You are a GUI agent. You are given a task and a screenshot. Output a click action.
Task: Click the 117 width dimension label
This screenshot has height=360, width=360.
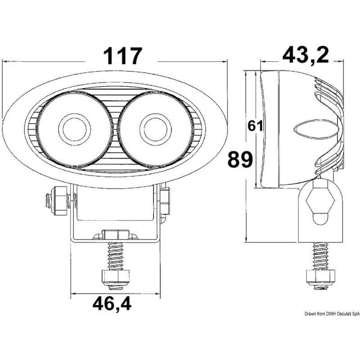(123, 57)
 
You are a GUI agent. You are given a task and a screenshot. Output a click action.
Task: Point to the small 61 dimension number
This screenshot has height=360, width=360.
(255, 126)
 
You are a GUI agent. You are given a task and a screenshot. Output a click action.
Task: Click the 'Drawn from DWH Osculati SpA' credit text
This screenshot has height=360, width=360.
(331, 314)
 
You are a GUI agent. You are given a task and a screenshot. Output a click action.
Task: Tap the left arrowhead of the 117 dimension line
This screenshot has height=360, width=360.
(5, 60)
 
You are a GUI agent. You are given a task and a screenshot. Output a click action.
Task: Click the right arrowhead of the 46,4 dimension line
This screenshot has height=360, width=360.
(158, 295)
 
